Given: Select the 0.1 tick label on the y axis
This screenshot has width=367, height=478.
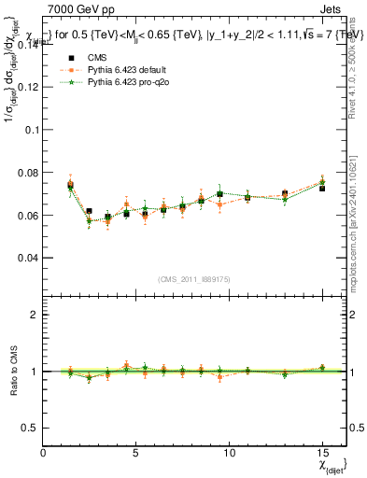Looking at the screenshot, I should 30,130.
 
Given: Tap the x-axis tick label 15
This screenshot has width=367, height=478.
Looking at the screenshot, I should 321,454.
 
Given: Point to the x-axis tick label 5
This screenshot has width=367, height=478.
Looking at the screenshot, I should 136,454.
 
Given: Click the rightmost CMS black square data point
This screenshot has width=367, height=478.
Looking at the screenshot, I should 322,189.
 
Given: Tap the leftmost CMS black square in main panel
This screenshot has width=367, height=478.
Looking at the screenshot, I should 71,186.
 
